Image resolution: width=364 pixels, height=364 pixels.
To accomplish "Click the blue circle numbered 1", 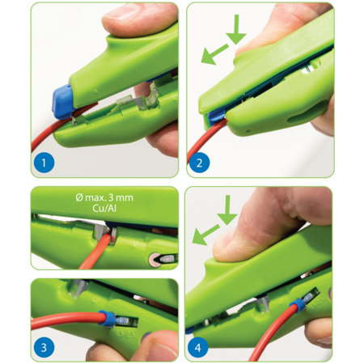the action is click(44, 163).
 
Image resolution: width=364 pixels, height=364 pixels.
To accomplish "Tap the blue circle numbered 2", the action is click(199, 163).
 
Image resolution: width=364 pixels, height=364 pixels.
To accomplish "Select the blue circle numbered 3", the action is click(44, 347).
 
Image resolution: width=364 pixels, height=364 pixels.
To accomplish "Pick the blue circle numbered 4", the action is click(198, 347).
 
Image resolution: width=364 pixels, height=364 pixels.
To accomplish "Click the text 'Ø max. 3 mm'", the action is click(104, 197).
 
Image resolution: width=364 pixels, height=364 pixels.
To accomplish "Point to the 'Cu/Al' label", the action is click(104, 208).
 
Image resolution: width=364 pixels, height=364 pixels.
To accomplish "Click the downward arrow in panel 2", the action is click(236, 30).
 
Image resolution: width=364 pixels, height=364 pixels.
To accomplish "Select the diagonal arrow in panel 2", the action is click(215, 55).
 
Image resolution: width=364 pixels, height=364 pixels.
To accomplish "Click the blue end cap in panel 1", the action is click(62, 102).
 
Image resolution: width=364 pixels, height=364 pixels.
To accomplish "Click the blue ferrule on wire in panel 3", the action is click(104, 319).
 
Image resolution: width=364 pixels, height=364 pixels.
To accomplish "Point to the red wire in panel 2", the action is click(205, 140).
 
